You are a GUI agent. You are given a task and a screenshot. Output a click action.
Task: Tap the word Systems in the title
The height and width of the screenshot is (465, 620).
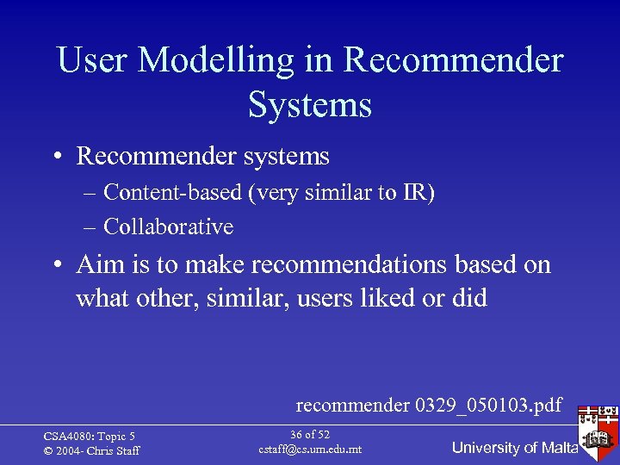pyautogui.click(x=310, y=105)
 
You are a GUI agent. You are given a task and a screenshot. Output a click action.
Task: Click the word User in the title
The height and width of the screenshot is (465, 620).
pyautogui.click(x=92, y=61)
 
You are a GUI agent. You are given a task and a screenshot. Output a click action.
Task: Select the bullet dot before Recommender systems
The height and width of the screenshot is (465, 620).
pyautogui.click(x=56, y=157)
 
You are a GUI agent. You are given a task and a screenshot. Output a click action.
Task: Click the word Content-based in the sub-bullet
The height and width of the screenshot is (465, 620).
pyautogui.click(x=172, y=193)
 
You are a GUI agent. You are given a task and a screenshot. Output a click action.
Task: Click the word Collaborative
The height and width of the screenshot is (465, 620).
pyautogui.click(x=168, y=227)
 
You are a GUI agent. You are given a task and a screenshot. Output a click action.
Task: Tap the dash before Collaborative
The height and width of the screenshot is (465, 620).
pyautogui.click(x=90, y=227)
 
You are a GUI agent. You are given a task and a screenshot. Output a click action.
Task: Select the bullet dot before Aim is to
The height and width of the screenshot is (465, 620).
pyautogui.click(x=56, y=265)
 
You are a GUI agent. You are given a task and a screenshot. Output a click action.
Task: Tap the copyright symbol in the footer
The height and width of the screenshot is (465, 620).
pyautogui.click(x=48, y=451)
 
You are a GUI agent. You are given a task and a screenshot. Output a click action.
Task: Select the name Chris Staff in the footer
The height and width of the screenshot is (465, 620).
pyautogui.click(x=112, y=451)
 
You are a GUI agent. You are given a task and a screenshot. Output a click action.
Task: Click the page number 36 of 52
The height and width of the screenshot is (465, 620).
pyautogui.click(x=310, y=435)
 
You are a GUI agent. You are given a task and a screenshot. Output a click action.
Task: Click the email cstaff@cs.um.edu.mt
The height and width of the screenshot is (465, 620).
pyautogui.click(x=310, y=449)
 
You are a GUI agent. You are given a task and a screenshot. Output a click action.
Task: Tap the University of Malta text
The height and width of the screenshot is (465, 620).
pyautogui.click(x=514, y=448)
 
